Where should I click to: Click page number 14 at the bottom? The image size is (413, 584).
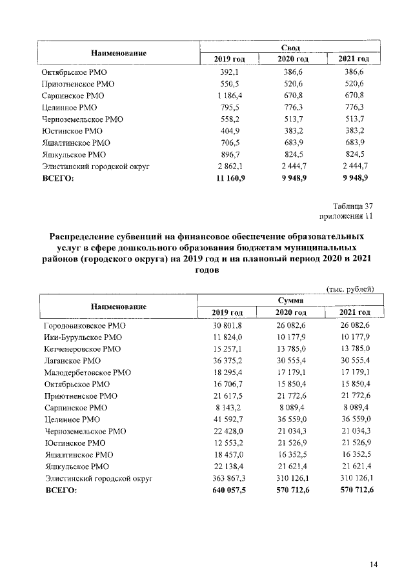coord(373,565)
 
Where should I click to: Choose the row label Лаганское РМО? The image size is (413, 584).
coord(72,361)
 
